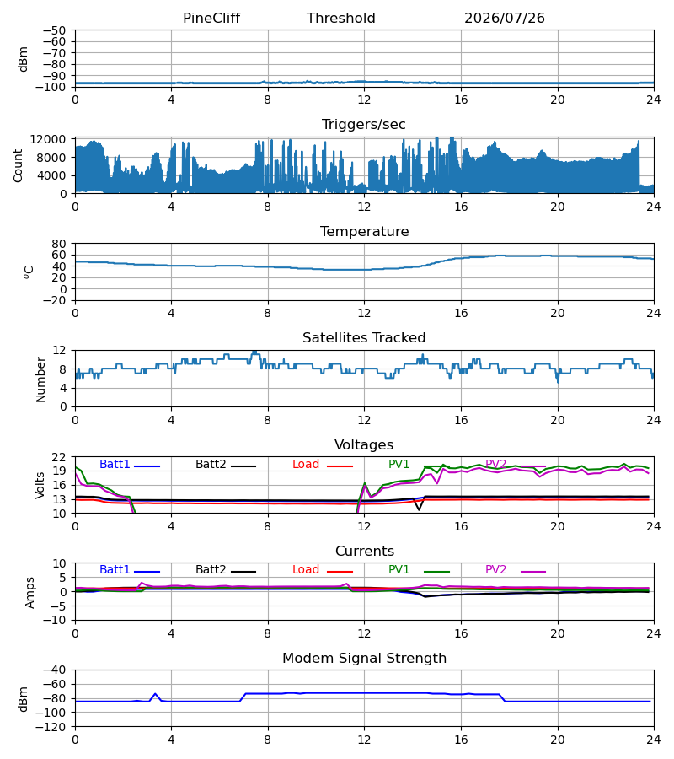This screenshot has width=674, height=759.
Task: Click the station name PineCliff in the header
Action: (x=211, y=18)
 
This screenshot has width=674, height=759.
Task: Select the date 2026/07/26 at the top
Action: (x=505, y=18)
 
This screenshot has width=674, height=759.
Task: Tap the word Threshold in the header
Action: (x=341, y=18)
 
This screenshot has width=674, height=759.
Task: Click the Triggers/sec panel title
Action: (x=364, y=125)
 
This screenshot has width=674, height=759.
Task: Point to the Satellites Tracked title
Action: (x=364, y=337)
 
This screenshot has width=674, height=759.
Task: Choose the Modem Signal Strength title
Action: (x=364, y=658)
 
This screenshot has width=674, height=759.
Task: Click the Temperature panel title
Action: (x=364, y=231)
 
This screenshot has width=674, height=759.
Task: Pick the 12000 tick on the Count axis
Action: (x=48, y=139)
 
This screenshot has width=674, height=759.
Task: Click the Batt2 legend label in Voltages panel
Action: (x=211, y=464)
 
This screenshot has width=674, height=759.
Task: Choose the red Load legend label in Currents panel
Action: (x=306, y=570)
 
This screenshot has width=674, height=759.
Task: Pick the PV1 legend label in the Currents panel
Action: (x=399, y=570)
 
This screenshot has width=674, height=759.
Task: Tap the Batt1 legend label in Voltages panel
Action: (x=115, y=464)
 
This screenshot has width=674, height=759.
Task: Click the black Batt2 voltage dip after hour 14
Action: (x=419, y=509)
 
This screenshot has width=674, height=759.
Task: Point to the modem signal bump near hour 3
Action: (x=155, y=694)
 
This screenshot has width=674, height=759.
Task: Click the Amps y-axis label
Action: (x=30, y=592)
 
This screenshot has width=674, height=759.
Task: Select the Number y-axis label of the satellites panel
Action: (x=40, y=380)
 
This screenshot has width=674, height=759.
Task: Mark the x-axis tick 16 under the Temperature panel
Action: (x=461, y=313)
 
